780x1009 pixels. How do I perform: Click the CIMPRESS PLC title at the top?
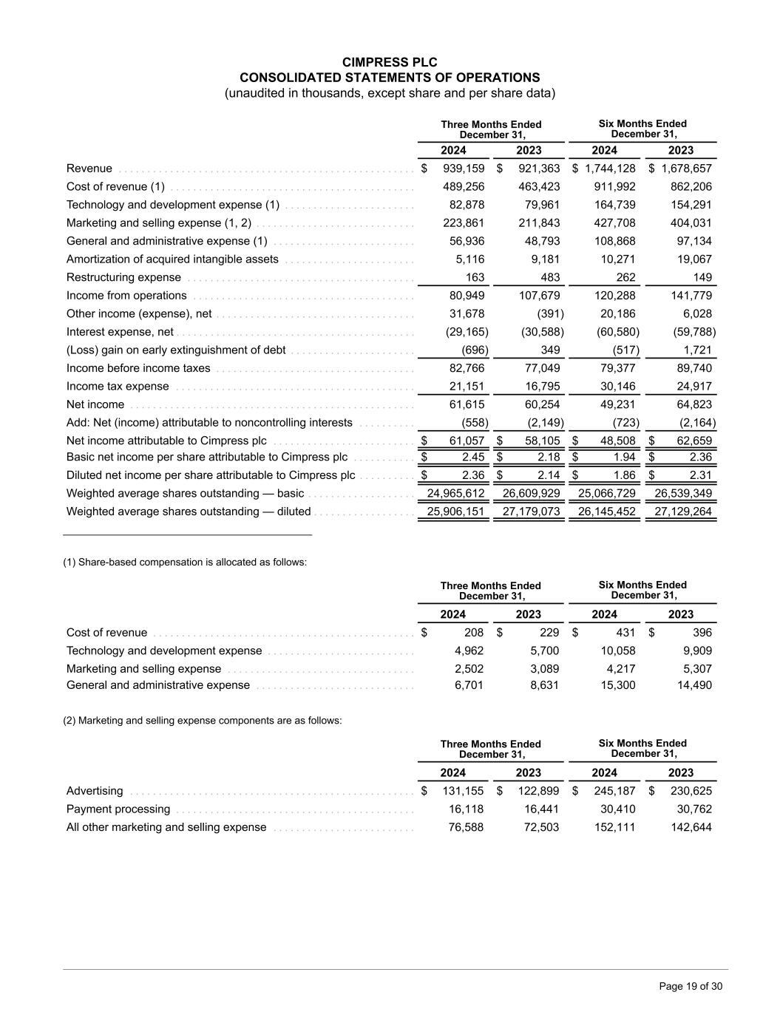coord(390,63)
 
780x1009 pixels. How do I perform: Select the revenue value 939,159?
coord(464,169)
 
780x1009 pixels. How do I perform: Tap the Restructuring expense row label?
coord(123,277)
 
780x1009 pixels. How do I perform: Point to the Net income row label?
coord(95,404)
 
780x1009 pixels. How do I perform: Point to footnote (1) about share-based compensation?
coord(185,563)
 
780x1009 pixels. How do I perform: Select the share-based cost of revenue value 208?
coord(474,633)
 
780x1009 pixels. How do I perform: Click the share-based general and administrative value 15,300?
coord(617,685)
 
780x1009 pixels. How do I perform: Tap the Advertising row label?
coord(95,791)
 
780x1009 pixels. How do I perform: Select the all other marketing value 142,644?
coord(690,827)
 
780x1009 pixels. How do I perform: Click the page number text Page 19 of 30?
coord(691,987)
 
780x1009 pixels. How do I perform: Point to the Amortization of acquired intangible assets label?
coord(172,259)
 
